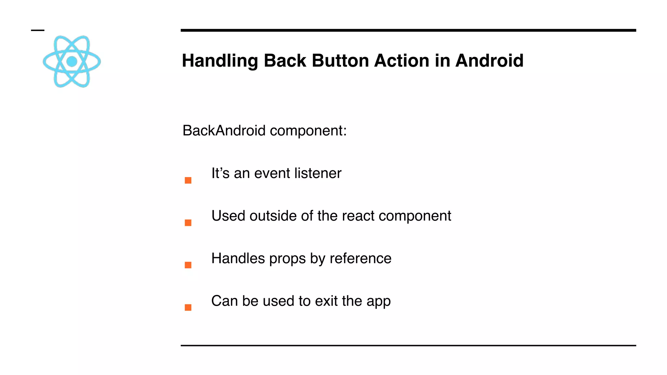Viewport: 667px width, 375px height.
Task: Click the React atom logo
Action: click(72, 61)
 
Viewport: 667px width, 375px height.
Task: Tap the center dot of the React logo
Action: click(72, 61)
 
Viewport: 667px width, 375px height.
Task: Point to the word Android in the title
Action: click(489, 61)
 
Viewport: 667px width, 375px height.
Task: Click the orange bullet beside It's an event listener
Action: click(188, 180)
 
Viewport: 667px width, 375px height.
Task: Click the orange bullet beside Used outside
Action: click(188, 223)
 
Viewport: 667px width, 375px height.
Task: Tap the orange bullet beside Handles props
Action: click(188, 265)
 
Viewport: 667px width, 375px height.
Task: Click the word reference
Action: click(361, 258)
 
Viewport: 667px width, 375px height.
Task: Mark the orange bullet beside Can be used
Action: click(188, 307)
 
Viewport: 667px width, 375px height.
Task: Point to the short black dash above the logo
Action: click(37, 30)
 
